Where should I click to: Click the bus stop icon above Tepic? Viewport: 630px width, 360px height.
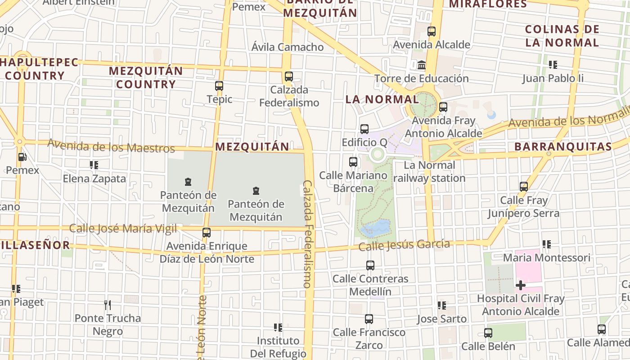click(219, 85)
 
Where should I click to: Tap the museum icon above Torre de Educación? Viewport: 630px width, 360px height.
click(422, 65)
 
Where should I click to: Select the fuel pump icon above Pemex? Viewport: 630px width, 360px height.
click(22, 157)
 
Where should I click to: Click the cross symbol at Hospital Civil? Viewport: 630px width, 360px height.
click(521, 285)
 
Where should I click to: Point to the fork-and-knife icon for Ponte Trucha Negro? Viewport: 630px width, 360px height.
click(108, 305)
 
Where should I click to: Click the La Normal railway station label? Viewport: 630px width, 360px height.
click(429, 171)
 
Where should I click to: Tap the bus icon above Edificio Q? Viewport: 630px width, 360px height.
click(364, 129)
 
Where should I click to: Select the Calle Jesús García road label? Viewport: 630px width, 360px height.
click(404, 245)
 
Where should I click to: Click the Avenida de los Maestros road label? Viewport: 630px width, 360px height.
click(111, 146)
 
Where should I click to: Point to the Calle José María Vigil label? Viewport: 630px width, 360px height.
click(123, 229)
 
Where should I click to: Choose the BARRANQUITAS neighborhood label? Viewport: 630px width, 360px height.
click(563, 147)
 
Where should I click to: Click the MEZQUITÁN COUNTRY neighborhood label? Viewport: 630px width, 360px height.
click(146, 77)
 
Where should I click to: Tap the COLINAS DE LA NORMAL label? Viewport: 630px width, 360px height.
click(562, 36)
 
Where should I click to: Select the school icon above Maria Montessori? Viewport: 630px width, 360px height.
click(547, 244)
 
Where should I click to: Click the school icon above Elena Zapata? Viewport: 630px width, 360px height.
click(94, 165)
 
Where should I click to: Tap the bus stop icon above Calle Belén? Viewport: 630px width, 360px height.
click(488, 333)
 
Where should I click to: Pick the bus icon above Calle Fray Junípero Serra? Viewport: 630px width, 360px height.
click(523, 186)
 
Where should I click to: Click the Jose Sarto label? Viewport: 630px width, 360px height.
click(441, 319)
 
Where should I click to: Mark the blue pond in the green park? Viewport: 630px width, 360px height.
click(375, 228)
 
